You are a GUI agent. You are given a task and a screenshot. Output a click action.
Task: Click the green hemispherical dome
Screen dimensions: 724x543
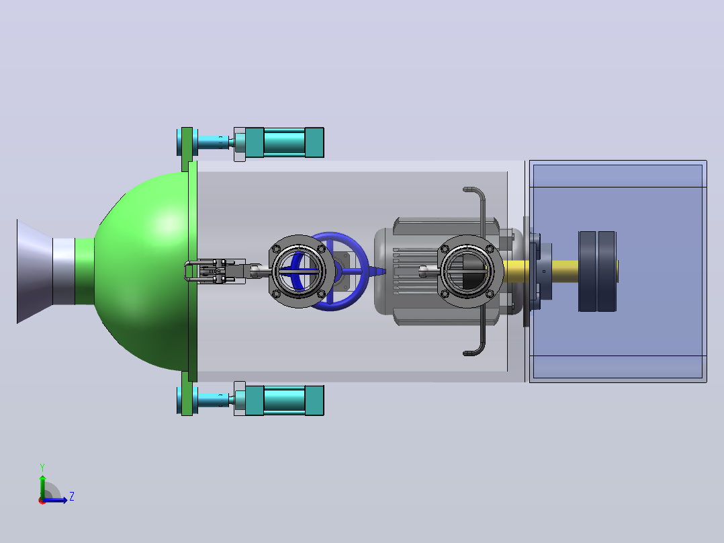tap(143, 271)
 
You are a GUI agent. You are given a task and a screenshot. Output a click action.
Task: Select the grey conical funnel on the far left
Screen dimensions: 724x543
tap(35, 271)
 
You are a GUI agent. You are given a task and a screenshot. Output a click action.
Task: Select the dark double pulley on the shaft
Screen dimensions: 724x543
tap(597, 271)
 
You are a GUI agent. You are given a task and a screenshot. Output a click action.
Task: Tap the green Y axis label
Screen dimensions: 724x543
tap(42, 467)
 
